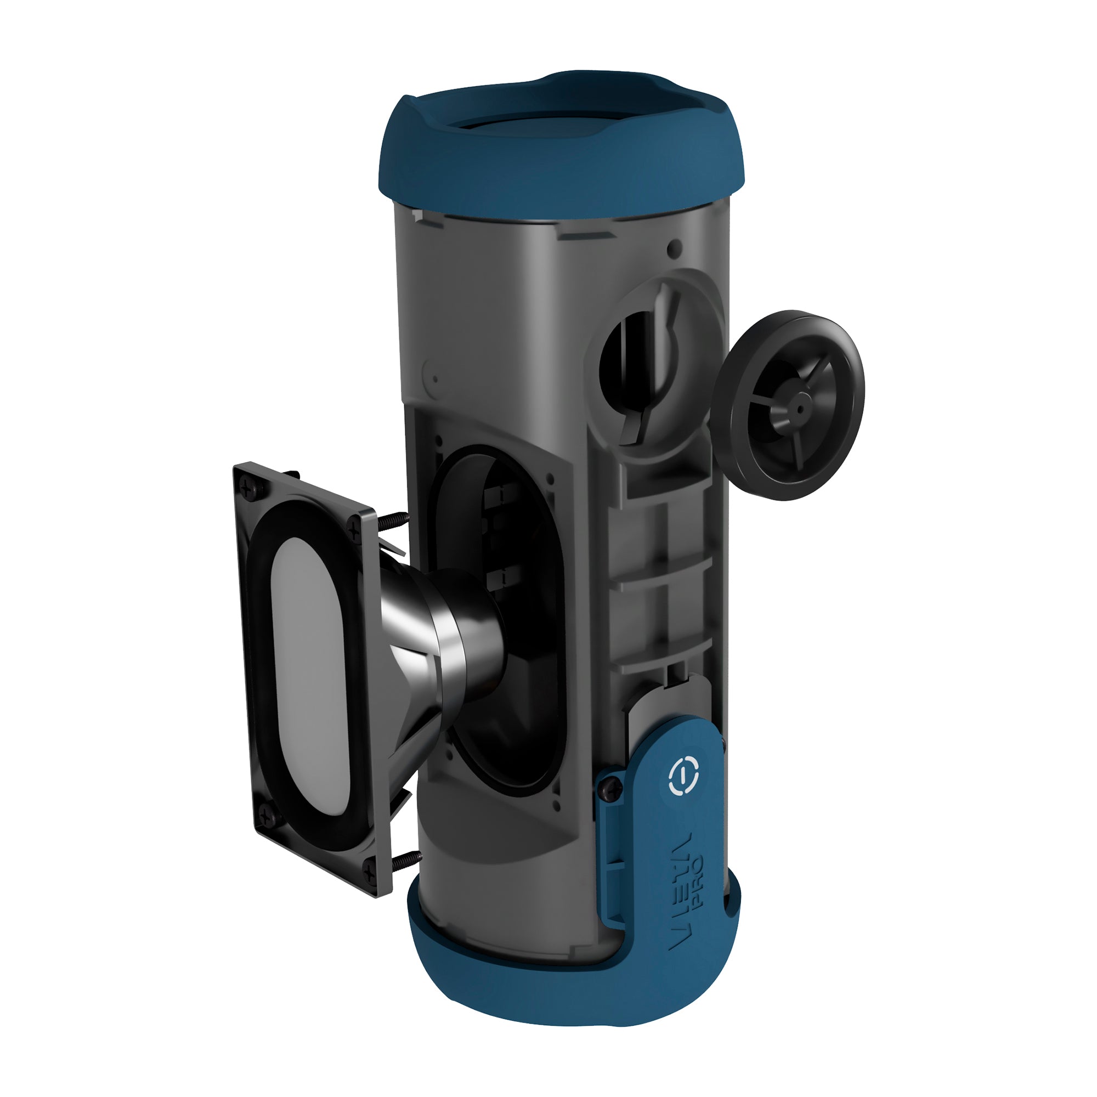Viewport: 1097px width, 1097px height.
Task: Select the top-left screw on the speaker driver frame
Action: [248, 485]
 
